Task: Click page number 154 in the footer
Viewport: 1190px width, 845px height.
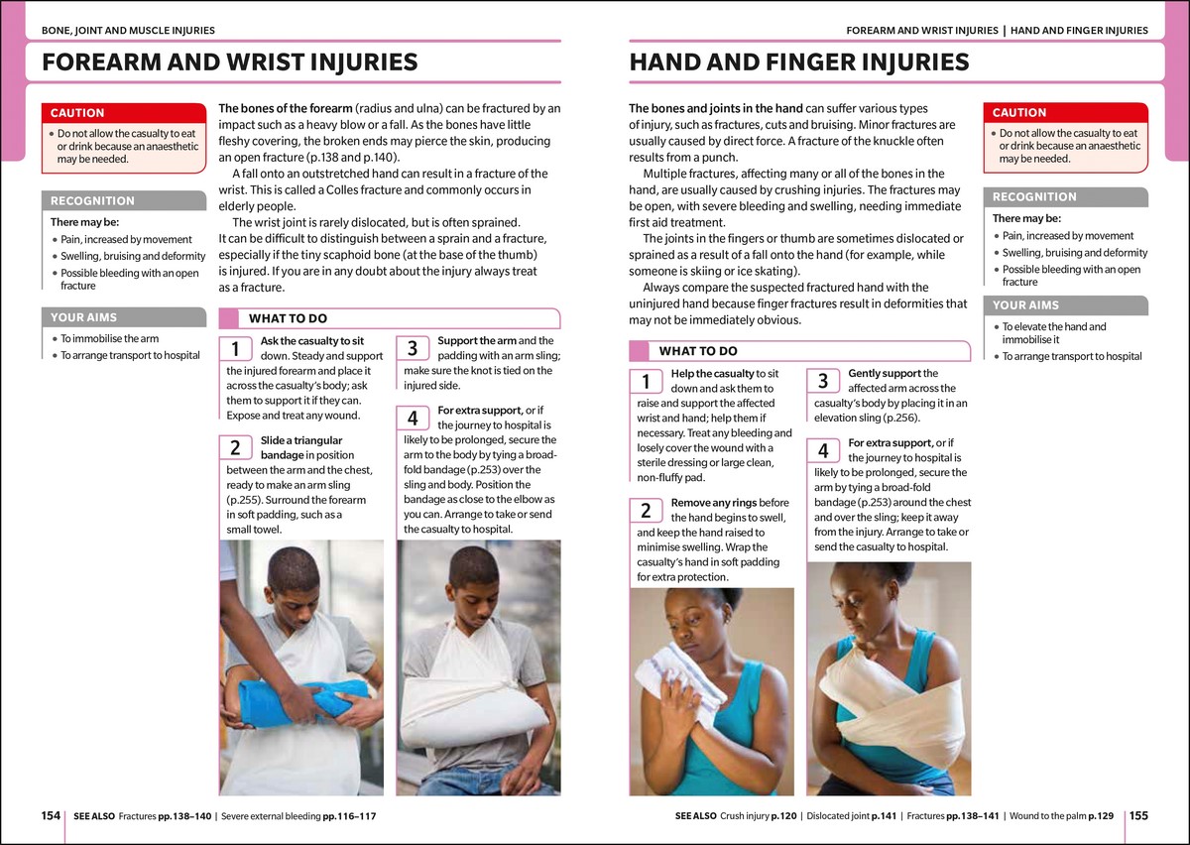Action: coord(51,816)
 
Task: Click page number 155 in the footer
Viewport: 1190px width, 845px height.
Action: coord(1138,816)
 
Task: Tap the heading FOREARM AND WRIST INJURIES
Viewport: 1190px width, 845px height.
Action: coord(229,61)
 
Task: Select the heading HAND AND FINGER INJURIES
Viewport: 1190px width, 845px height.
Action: coord(799,61)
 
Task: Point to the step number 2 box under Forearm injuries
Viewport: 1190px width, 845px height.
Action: coord(235,447)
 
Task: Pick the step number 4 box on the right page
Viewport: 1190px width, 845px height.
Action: coord(823,450)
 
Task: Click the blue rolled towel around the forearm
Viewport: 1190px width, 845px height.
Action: coord(302,701)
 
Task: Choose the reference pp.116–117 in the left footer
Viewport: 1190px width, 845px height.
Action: coord(349,816)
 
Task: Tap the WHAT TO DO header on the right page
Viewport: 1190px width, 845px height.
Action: coord(698,351)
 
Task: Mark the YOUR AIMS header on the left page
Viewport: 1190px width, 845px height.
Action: coord(83,317)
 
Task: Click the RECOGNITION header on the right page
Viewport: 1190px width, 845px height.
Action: coord(1034,196)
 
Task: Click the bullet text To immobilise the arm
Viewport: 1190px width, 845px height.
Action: coord(109,338)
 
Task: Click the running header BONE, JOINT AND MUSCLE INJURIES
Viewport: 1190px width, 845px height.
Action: coord(128,31)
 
